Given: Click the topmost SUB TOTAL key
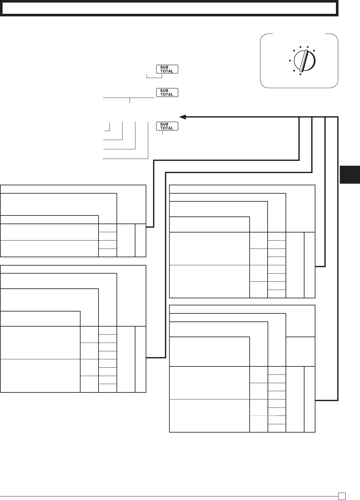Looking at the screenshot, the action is click(x=167, y=69).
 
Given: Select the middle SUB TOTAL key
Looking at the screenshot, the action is click(x=167, y=93).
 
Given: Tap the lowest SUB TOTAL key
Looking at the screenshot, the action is click(x=167, y=126).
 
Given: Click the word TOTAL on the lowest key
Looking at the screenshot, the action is click(x=167, y=128).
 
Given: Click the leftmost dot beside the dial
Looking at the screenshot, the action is click(x=290, y=60).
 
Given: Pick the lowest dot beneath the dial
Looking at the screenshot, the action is click(x=300, y=75).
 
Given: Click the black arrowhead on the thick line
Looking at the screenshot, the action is click(x=182, y=117).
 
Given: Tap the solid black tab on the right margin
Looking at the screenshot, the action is click(x=350, y=174).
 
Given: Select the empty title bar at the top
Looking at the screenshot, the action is click(x=169, y=9).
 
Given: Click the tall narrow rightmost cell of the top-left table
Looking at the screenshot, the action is click(x=141, y=240).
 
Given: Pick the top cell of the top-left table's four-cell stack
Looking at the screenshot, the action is click(x=107, y=228).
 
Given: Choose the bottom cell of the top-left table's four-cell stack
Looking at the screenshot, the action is click(x=107, y=253).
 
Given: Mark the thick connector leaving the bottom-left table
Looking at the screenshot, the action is click(x=156, y=357).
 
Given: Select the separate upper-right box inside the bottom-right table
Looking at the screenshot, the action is click(x=300, y=351).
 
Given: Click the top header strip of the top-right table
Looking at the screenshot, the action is click(x=242, y=189).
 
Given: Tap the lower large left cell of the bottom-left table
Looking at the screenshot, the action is click(x=40, y=375).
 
